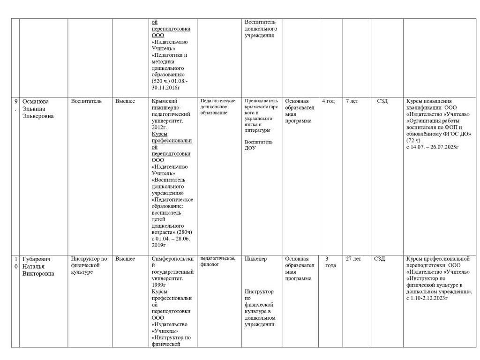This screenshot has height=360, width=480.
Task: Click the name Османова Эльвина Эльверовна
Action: [x=38, y=108]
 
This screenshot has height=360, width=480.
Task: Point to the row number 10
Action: [x=16, y=262]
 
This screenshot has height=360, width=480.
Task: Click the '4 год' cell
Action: [x=328, y=101]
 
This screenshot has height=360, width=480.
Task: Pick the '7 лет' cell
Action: [x=352, y=101]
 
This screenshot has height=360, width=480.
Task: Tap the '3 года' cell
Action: [x=330, y=262]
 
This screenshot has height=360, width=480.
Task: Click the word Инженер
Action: [x=255, y=259]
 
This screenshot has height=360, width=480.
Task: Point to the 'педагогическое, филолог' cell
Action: [x=218, y=262]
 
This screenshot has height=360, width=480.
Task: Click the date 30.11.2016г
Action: [x=166, y=88]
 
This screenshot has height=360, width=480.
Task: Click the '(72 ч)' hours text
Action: [x=413, y=140]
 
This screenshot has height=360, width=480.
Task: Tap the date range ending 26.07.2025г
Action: [x=432, y=147]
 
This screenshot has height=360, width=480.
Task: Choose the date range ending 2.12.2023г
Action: [x=427, y=298]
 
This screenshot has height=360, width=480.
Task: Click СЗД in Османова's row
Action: [x=382, y=101]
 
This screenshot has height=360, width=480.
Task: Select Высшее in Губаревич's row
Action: [x=125, y=259]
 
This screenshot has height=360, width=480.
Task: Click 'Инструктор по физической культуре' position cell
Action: [x=89, y=265]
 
